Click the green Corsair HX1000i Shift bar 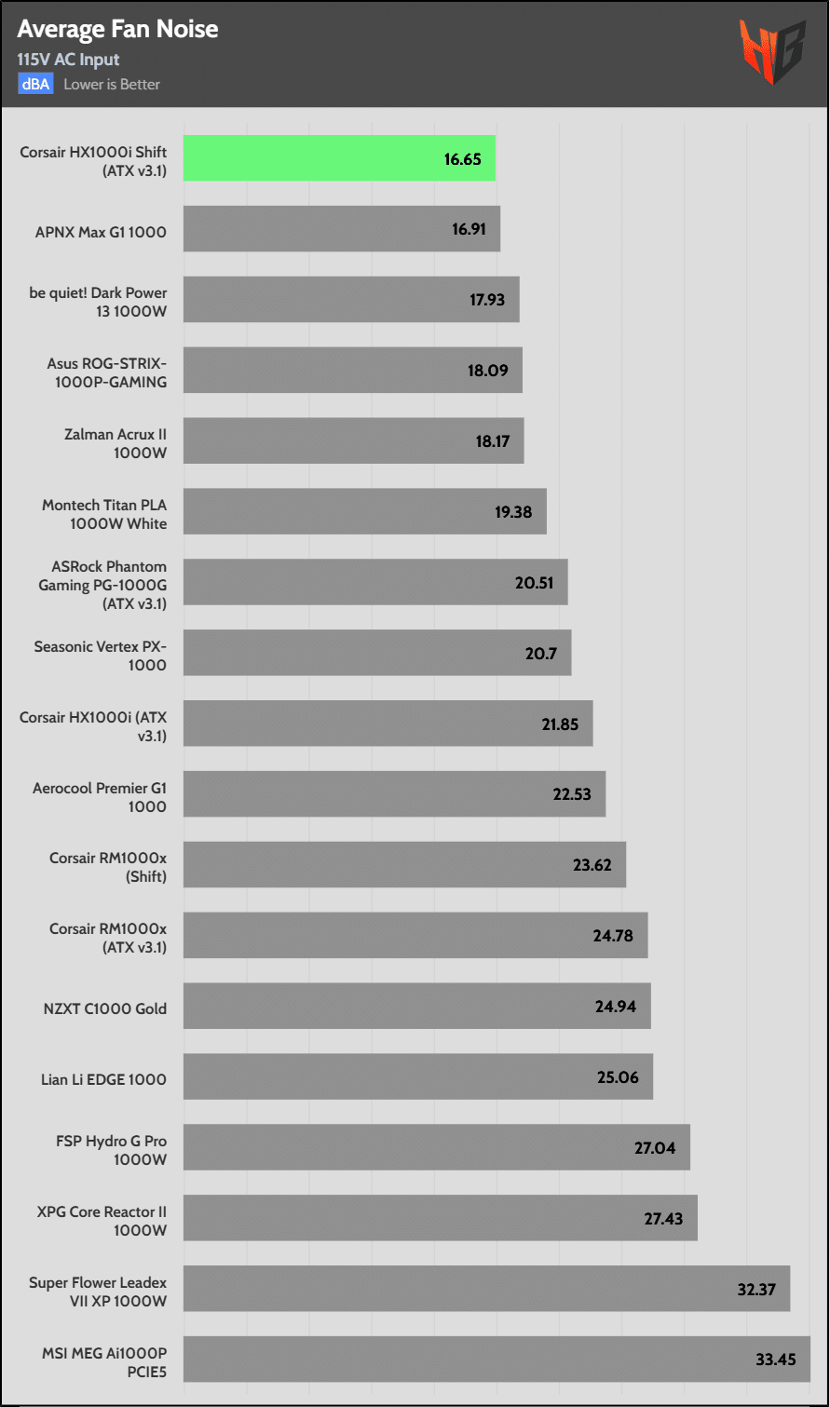point(338,158)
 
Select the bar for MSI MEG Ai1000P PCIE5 point(497,1360)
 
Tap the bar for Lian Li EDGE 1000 point(417,1076)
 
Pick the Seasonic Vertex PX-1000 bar point(376,653)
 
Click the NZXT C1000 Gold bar point(416,1006)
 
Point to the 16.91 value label point(469,229)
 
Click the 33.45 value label point(775,1360)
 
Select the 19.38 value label point(513,512)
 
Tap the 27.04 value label point(655,1148)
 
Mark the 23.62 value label point(592,865)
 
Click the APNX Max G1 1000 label point(101,232)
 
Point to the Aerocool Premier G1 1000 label point(100,797)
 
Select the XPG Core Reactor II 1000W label point(102,1221)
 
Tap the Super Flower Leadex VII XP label point(98,1292)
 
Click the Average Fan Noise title point(117,29)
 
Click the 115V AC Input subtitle point(68,60)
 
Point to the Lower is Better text point(112,85)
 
